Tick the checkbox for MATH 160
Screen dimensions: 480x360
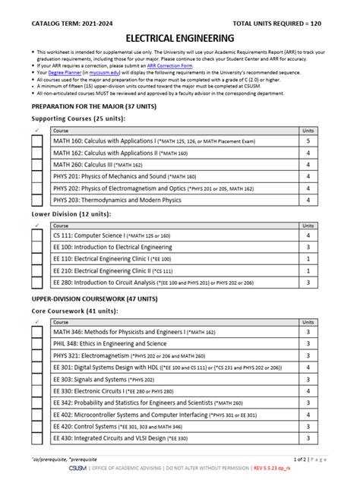click(37, 141)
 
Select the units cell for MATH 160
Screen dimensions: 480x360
click(307, 141)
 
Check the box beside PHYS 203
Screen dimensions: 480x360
click(37, 201)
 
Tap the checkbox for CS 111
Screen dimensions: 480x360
click(37, 236)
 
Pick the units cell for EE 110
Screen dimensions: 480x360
click(307, 259)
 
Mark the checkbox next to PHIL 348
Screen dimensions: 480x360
click(37, 343)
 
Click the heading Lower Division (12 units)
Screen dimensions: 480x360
click(71, 215)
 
